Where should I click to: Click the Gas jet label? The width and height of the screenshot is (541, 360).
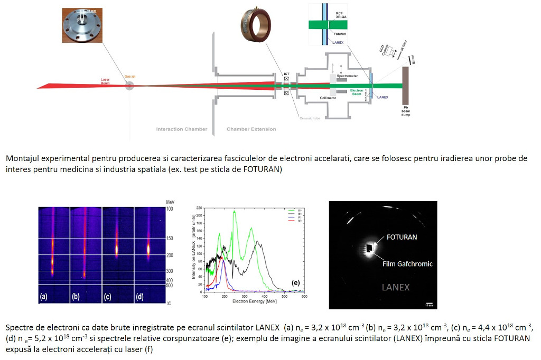[x=129, y=76]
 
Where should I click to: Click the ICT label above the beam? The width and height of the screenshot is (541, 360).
[x=286, y=73]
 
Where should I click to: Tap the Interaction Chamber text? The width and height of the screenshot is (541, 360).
[x=182, y=129]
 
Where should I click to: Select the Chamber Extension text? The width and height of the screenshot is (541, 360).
[x=251, y=129]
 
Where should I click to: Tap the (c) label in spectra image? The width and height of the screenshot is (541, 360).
[x=108, y=297]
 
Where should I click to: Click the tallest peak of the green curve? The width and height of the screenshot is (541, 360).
[x=234, y=211]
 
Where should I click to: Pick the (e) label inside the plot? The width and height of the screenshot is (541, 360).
[x=296, y=283]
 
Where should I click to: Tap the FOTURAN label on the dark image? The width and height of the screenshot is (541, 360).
[x=402, y=237]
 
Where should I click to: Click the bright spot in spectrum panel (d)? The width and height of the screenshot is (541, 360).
[x=148, y=248]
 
